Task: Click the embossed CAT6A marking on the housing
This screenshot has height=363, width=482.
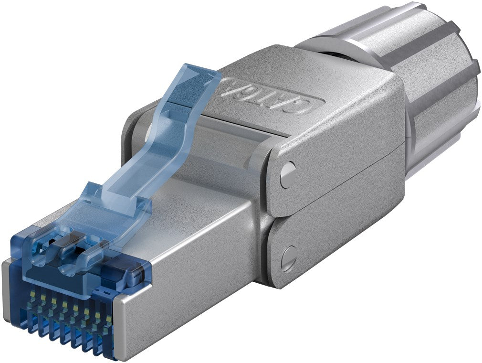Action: pyautogui.click(x=274, y=96)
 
